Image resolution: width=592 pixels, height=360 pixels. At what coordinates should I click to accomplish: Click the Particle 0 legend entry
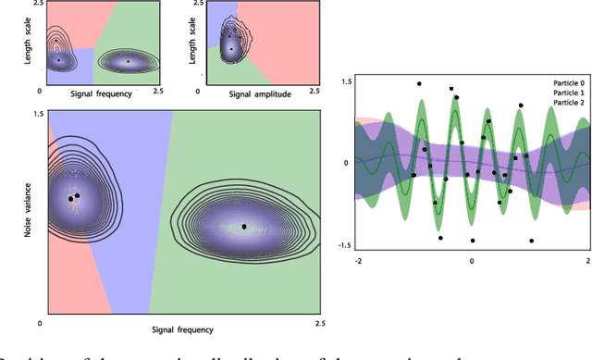(565, 82)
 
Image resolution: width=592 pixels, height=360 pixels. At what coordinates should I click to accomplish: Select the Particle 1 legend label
(565, 93)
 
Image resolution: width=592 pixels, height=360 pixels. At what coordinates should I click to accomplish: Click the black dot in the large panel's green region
(244, 201)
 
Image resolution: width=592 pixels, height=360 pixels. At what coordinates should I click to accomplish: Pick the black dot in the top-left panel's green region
(128, 62)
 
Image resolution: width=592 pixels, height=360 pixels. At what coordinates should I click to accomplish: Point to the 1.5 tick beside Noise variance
(37, 114)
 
